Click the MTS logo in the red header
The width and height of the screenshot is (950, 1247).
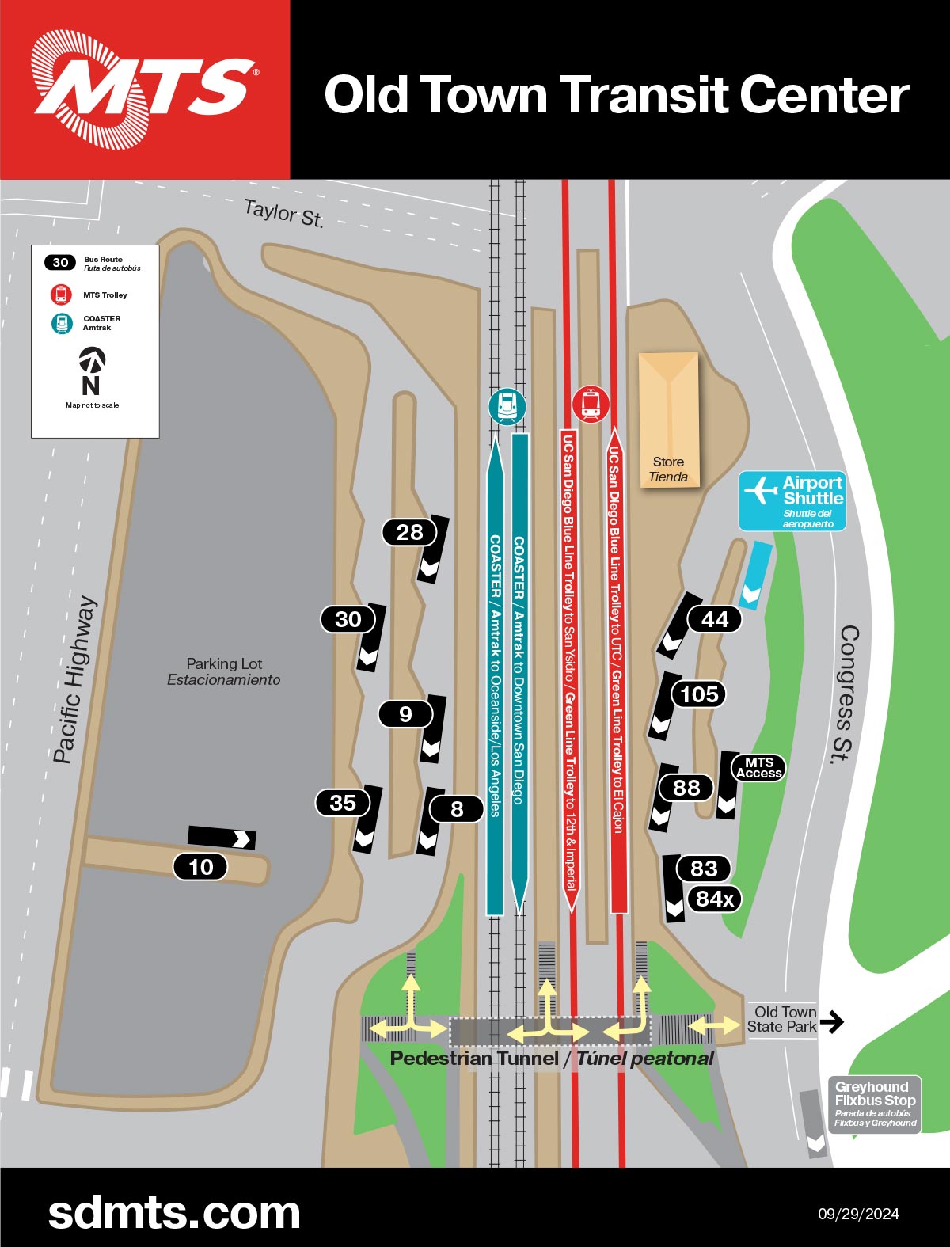143,89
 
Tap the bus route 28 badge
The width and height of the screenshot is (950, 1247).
409,532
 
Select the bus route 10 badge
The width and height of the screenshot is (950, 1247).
200,867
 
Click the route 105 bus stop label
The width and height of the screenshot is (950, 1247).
699,694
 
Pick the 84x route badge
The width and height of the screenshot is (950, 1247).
714,899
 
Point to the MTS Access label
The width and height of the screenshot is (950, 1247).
758,768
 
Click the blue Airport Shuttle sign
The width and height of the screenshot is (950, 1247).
792,500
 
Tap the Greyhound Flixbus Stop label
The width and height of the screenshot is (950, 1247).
875,1104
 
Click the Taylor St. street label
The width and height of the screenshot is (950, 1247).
283,213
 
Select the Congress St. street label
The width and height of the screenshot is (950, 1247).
846,694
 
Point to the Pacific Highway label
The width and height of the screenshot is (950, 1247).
75,679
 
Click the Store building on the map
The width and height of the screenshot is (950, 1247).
669,420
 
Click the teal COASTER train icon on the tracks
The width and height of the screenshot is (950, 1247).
507,407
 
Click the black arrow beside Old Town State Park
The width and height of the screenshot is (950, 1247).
831,1021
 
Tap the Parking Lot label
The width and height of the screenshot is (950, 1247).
224,671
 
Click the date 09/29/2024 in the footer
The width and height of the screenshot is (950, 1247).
858,1214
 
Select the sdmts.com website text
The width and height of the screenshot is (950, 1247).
174,1212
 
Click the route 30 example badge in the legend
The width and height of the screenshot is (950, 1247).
60,263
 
